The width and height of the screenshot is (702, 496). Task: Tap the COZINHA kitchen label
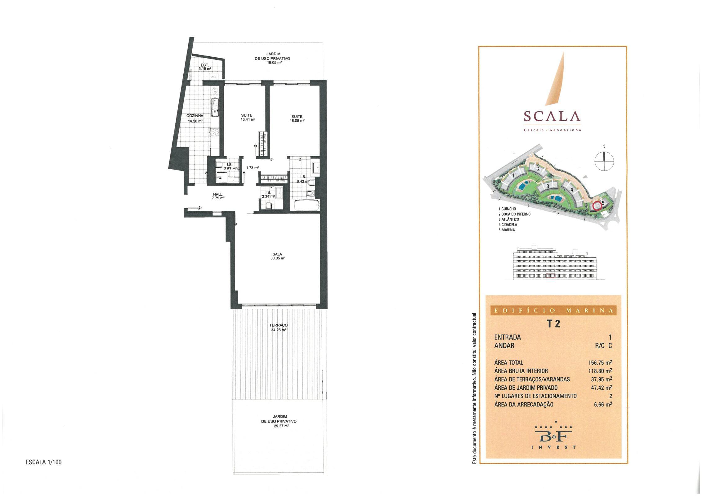click(195, 116)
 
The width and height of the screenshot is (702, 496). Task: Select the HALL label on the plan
click(218, 194)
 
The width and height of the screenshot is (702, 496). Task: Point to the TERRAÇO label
click(278, 325)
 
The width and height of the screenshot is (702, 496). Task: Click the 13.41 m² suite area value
click(248, 119)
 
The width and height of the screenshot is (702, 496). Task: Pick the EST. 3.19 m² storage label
click(205, 67)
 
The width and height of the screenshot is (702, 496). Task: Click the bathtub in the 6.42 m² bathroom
click(306, 205)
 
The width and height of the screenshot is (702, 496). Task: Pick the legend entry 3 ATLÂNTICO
click(510, 219)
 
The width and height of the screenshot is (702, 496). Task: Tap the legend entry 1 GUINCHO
click(507, 209)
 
